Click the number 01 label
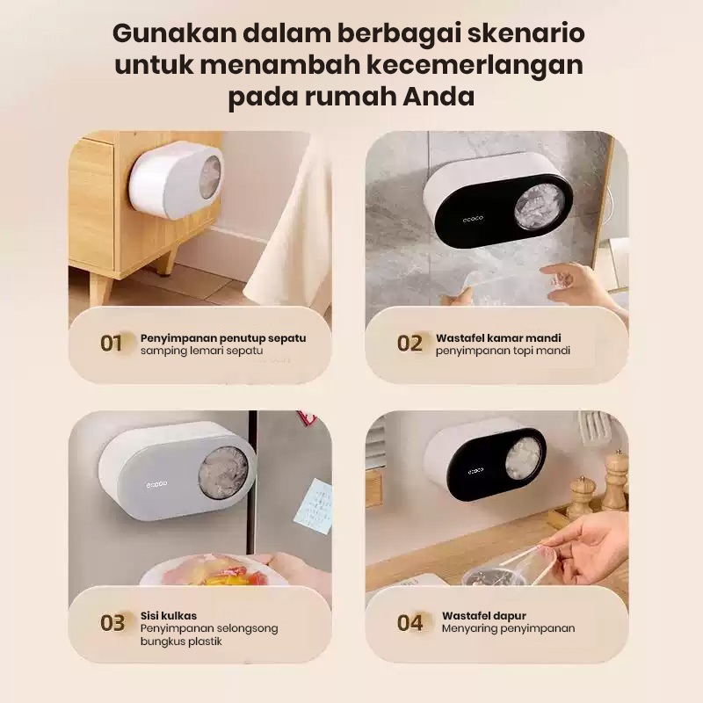112,344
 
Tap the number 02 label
409,344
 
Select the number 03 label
112,623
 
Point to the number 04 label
409,623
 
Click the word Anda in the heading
438,97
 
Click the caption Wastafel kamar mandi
498,338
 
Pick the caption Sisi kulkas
169,616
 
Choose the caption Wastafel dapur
484,616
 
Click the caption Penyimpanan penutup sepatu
223,338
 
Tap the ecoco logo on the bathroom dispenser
473,219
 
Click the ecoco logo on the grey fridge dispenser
156,484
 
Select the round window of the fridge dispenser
223,472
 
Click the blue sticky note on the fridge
313,507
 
